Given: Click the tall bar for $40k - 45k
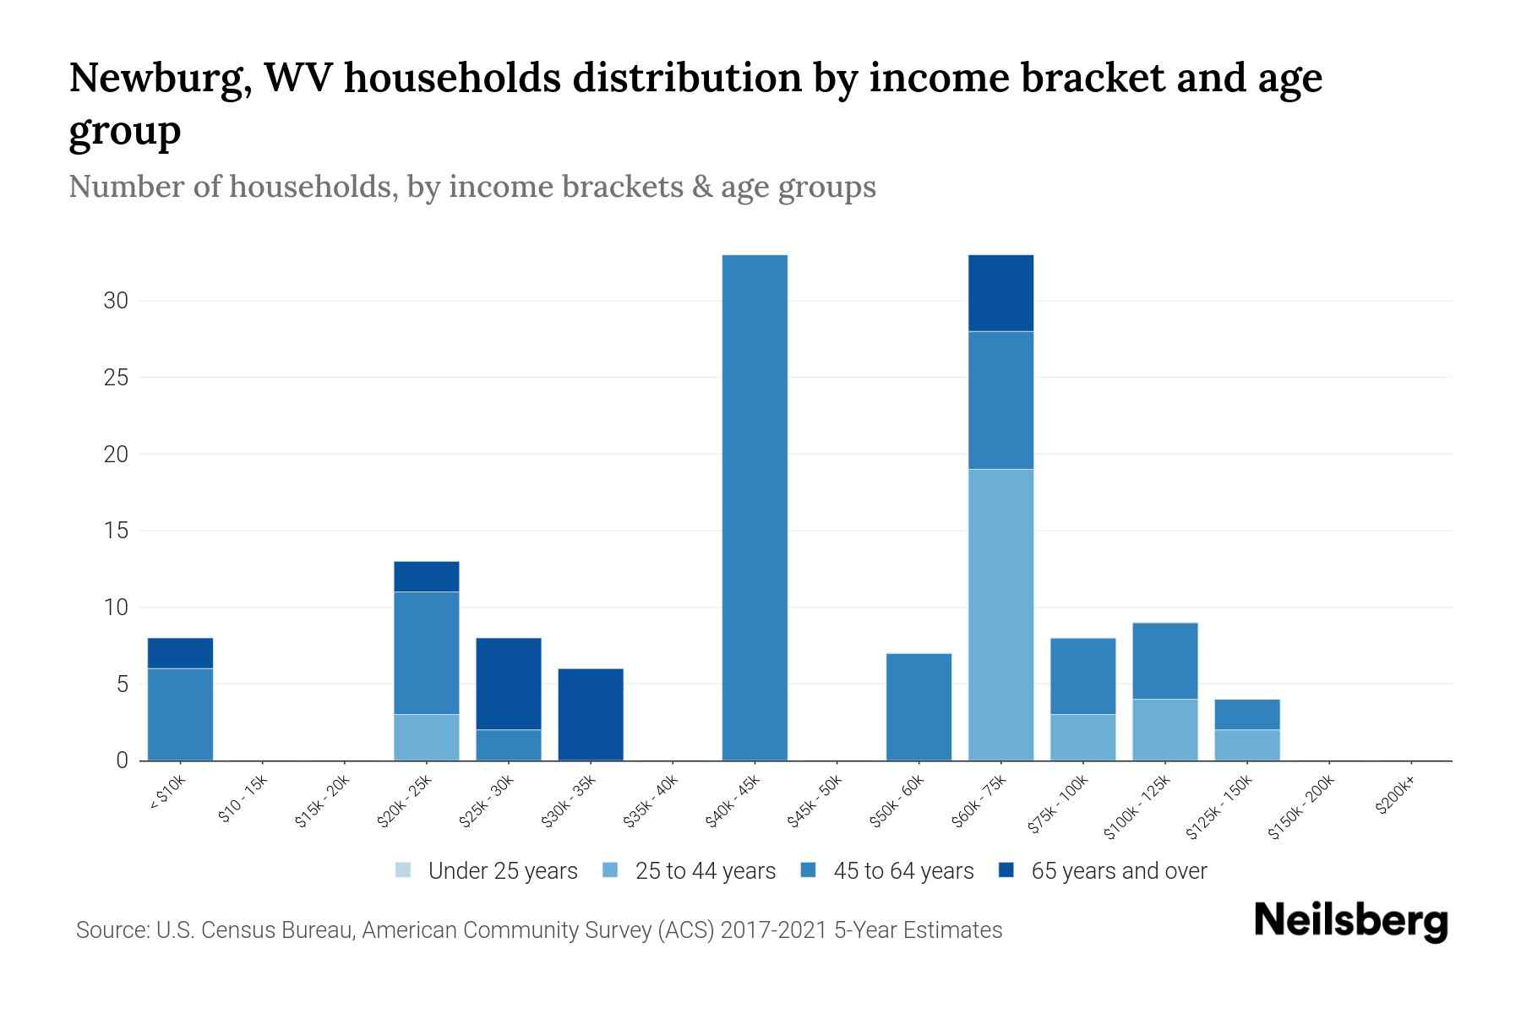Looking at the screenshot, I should tap(755, 507).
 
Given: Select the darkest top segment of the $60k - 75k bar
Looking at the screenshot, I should tap(1000, 292).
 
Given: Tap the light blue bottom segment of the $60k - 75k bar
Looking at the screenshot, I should tap(1000, 614).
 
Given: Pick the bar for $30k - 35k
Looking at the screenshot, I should tap(591, 714).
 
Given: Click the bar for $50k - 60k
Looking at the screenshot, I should tap(919, 706).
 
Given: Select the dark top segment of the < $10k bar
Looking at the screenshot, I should tap(180, 652).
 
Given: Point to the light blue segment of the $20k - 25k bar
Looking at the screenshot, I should tap(427, 737).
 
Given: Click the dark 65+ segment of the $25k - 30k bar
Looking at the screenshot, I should tap(509, 683).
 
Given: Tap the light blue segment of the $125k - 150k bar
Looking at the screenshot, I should tap(1246, 744).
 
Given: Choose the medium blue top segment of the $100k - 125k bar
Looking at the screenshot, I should tap(1164, 661).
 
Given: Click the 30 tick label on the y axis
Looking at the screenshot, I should tap(116, 301).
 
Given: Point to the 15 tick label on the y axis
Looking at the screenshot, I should tap(116, 531).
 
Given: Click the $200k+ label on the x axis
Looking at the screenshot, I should tap(1395, 798).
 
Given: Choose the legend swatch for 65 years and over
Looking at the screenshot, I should tap(1006, 870).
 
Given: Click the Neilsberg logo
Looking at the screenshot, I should tap(1350, 921).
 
